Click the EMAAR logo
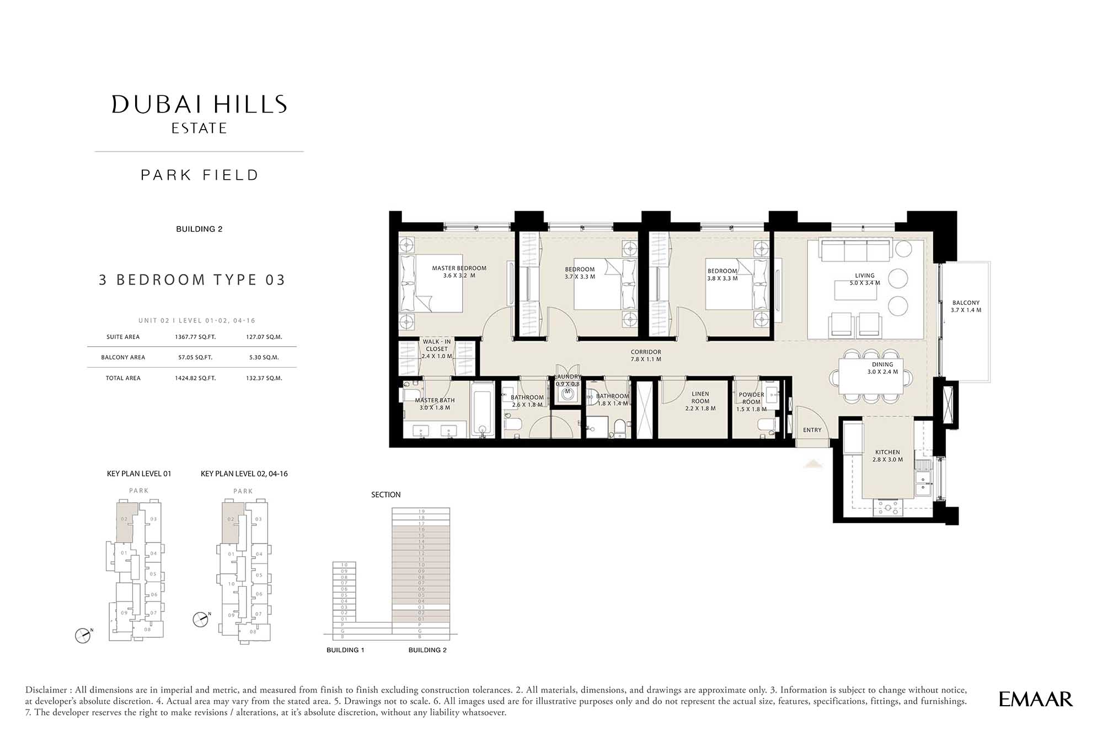pos(1036,699)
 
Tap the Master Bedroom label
pos(459,272)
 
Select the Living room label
pos(865,279)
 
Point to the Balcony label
pos(966,307)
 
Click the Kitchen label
pos(887,455)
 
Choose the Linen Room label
pos(700,401)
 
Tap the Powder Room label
pos(751,402)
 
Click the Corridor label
pos(646,355)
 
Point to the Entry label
pos(812,430)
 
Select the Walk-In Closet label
pos(437,349)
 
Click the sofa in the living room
pos(855,250)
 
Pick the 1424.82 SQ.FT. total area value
pos(195,378)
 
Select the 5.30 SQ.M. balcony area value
pos(264,357)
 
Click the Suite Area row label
pos(123,337)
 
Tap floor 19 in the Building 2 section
pos(421,511)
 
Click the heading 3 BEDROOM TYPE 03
pos(192,280)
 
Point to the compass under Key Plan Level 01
pos(83,636)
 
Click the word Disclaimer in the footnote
pos(46,690)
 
